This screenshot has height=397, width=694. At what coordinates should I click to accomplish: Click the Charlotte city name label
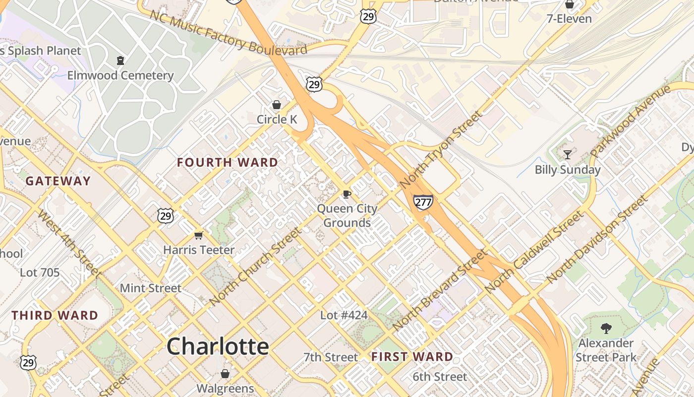pos(218,346)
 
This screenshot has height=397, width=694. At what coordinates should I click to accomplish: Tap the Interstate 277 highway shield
pos(423,201)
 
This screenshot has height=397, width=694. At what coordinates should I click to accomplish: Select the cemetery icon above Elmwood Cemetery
pos(120,61)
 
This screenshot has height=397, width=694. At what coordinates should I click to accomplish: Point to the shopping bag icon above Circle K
pos(277,105)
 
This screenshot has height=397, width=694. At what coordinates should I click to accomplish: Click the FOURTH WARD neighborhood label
pos(228,162)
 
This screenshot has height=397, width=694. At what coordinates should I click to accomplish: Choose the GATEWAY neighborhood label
pos(58,181)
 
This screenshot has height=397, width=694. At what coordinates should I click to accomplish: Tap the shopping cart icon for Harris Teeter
pos(199,235)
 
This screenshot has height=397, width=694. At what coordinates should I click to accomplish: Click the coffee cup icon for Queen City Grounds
pos(347,194)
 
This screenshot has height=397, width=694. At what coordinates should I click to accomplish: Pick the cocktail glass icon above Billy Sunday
pos(568,155)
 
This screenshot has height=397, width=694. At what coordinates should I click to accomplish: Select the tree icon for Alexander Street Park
pos(605,328)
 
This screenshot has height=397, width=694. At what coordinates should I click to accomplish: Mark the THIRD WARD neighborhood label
pos(55,315)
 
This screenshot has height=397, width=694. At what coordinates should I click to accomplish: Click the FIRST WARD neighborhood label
pos(412,356)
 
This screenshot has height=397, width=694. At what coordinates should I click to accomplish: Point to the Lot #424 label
pos(344,315)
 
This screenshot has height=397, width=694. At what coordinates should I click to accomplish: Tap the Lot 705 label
pos(40,272)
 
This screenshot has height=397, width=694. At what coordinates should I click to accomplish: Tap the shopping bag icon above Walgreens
pos(225,373)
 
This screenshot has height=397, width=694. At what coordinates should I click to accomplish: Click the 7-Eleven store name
pos(569,19)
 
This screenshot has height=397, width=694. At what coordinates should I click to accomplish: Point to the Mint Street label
pos(151,288)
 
